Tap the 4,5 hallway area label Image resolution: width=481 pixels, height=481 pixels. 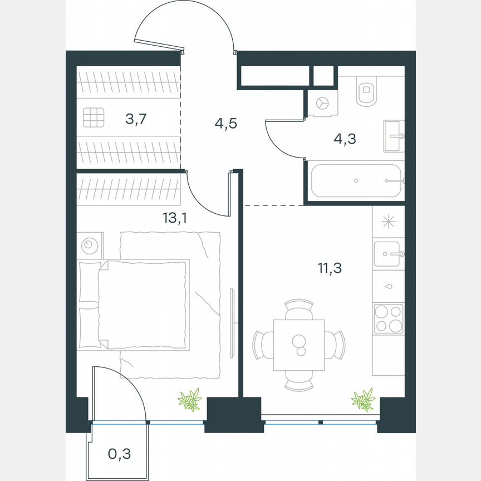coord(225,122)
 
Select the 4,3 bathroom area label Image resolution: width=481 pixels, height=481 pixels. coord(345,138)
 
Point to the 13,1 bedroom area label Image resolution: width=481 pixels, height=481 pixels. coord(174,217)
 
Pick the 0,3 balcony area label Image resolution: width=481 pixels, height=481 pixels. coord(119,454)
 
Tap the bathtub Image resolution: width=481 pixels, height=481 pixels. coord(356,180)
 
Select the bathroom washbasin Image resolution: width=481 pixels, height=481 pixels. coord(394,135)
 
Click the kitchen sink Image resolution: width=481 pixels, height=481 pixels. coord(388,254)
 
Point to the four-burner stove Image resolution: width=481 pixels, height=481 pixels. coord(388,318)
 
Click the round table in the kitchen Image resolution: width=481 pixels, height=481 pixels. coord(299,345)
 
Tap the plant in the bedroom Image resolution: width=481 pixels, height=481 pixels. coord(189,400)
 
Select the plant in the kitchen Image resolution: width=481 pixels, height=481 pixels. coord(363,400)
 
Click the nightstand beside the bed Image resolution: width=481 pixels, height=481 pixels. coord(89,245)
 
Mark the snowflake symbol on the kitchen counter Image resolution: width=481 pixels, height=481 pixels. coord(388,221)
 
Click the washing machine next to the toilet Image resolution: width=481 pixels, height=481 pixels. coord(322,104)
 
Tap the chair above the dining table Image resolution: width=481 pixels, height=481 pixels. coord(299,310)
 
